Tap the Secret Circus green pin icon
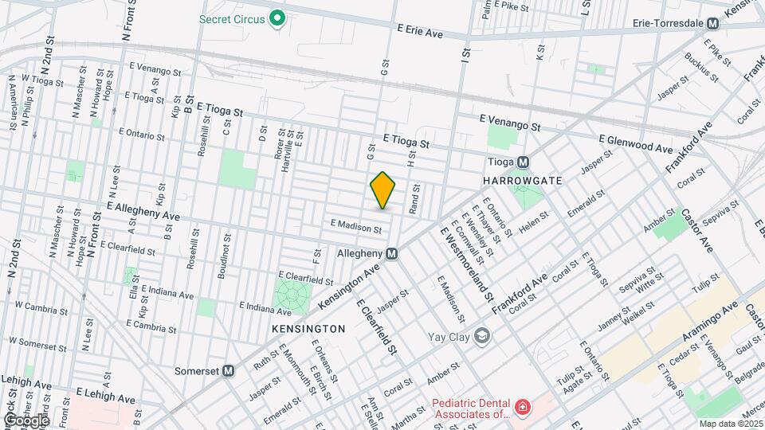click(277, 18)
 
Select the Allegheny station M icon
click(391, 253)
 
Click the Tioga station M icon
click(524, 162)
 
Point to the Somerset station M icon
click(229, 370)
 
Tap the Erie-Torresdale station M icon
click(712, 23)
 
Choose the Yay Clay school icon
click(481, 335)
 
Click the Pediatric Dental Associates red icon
click(522, 408)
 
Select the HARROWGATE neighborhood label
click(522, 182)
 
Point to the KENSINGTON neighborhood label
click(308, 328)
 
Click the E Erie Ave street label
click(420, 31)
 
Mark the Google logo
click(25, 420)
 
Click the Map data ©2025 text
click(730, 422)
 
